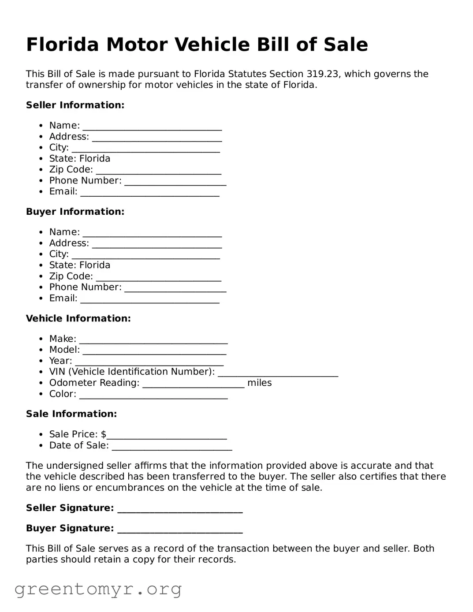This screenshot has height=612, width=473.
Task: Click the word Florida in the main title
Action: tap(62, 45)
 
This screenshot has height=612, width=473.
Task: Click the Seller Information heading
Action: tap(75, 105)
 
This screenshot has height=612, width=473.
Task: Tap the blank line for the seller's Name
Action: tap(152, 127)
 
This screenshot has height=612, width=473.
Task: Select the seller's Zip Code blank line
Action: tap(158, 171)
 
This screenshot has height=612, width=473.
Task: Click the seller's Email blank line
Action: tap(149, 193)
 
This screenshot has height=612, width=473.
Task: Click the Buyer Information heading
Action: tap(75, 212)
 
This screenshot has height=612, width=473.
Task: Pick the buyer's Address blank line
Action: tap(156, 244)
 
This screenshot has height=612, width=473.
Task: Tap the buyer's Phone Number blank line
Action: tap(175, 288)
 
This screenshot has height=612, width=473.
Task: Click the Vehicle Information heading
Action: tap(78, 318)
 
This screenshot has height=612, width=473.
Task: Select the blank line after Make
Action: tap(153, 340)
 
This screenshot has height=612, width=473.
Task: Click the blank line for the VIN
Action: tap(278, 373)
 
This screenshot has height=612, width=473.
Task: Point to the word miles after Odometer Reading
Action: tap(259, 383)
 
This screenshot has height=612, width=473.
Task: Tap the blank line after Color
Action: tap(153, 395)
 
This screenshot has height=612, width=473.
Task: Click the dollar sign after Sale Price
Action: tap(104, 434)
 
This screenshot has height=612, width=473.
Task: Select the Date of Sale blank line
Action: tap(172, 447)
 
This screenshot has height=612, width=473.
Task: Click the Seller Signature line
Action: tap(180, 509)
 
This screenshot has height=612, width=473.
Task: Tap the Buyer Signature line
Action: tap(180, 530)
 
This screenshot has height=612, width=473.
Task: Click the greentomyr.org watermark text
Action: tap(98, 589)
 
